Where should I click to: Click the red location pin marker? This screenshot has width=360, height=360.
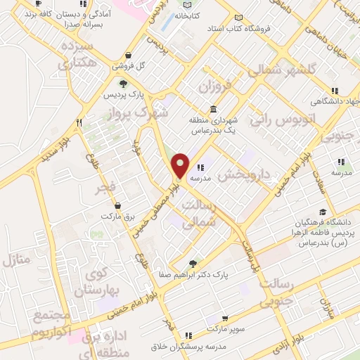point(181,165)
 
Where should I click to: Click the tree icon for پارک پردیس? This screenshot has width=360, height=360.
point(124,84)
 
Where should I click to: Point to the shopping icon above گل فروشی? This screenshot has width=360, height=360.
point(127,56)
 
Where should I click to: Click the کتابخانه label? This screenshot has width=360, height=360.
point(187,15)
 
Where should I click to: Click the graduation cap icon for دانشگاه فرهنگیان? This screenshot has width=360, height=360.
point(323,212)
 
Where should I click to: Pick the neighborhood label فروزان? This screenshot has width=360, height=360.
point(215,87)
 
